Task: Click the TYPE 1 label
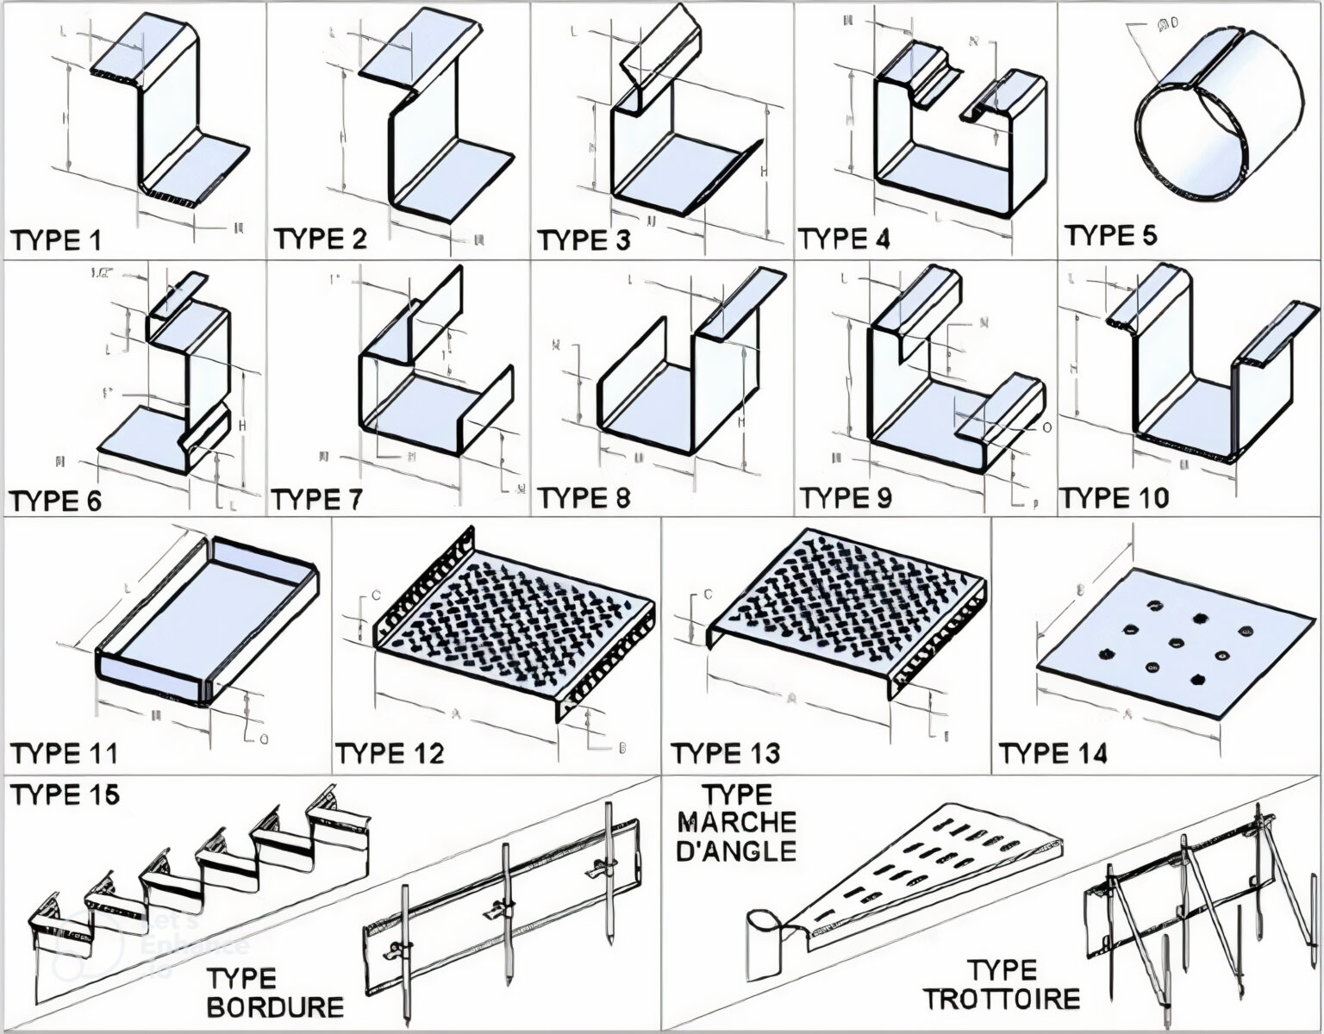[x=55, y=240]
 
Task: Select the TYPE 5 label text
[x=1110, y=235]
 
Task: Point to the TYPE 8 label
[x=584, y=497]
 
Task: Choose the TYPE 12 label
[x=390, y=753]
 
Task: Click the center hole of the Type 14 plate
[x=1197, y=642]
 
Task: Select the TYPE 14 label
[x=1052, y=753]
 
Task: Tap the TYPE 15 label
[x=65, y=794]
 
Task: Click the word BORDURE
[x=275, y=1006]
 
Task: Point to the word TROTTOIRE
[x=1002, y=999]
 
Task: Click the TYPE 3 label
[x=584, y=240]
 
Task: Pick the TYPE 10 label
[x=1114, y=498]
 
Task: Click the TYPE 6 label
[x=55, y=500]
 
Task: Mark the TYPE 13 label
[x=725, y=753]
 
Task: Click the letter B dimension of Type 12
[x=622, y=748]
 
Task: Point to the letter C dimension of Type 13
[x=708, y=594]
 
